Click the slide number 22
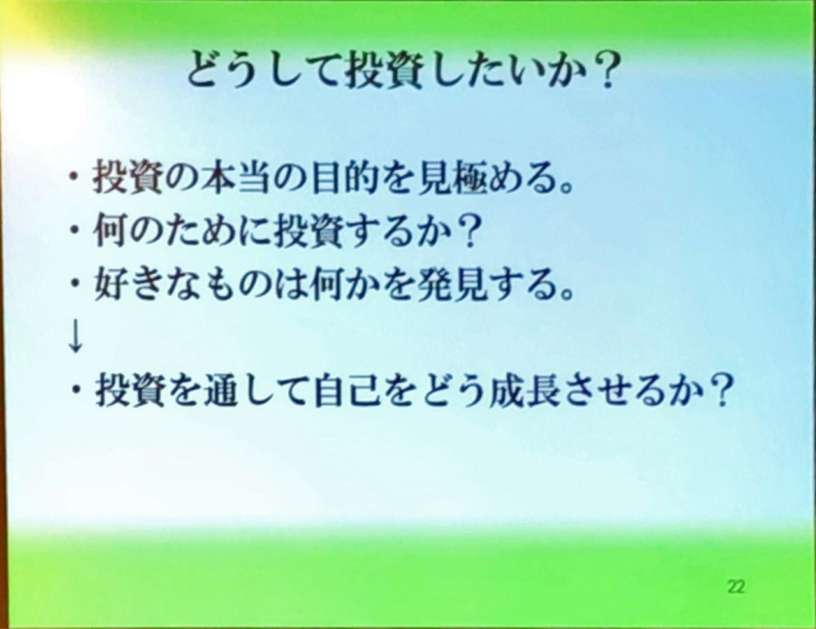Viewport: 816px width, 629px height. point(736,586)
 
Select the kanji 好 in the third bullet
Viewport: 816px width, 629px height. point(110,286)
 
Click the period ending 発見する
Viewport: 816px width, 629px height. point(565,294)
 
